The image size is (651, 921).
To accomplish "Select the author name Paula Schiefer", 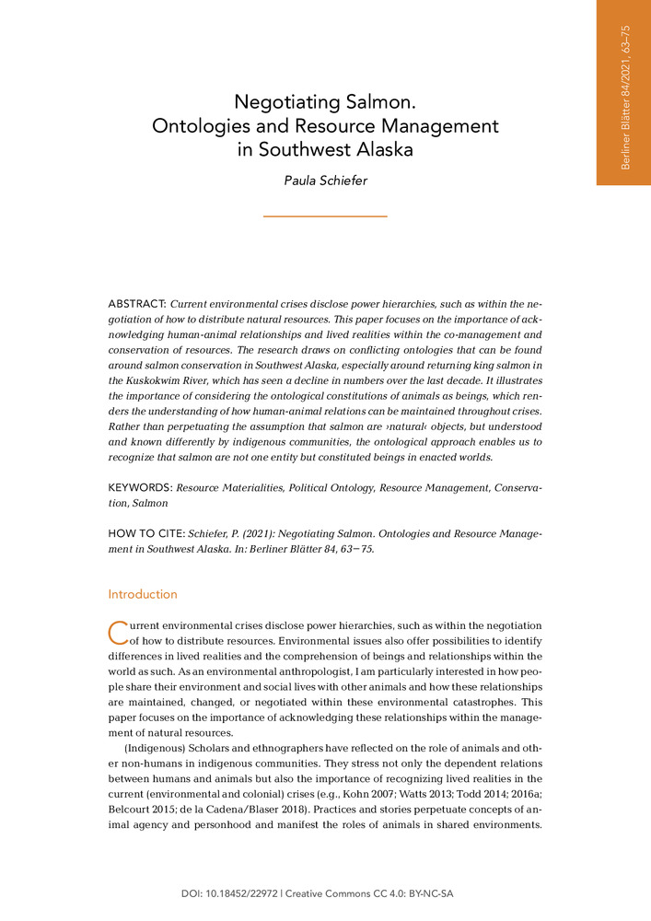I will [325, 181].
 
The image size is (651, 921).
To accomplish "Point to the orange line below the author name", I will [325, 216].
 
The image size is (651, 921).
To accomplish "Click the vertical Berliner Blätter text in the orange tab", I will [625, 97].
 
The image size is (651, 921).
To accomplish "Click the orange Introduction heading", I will [143, 594].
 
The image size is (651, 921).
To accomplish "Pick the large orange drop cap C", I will [117, 633].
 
